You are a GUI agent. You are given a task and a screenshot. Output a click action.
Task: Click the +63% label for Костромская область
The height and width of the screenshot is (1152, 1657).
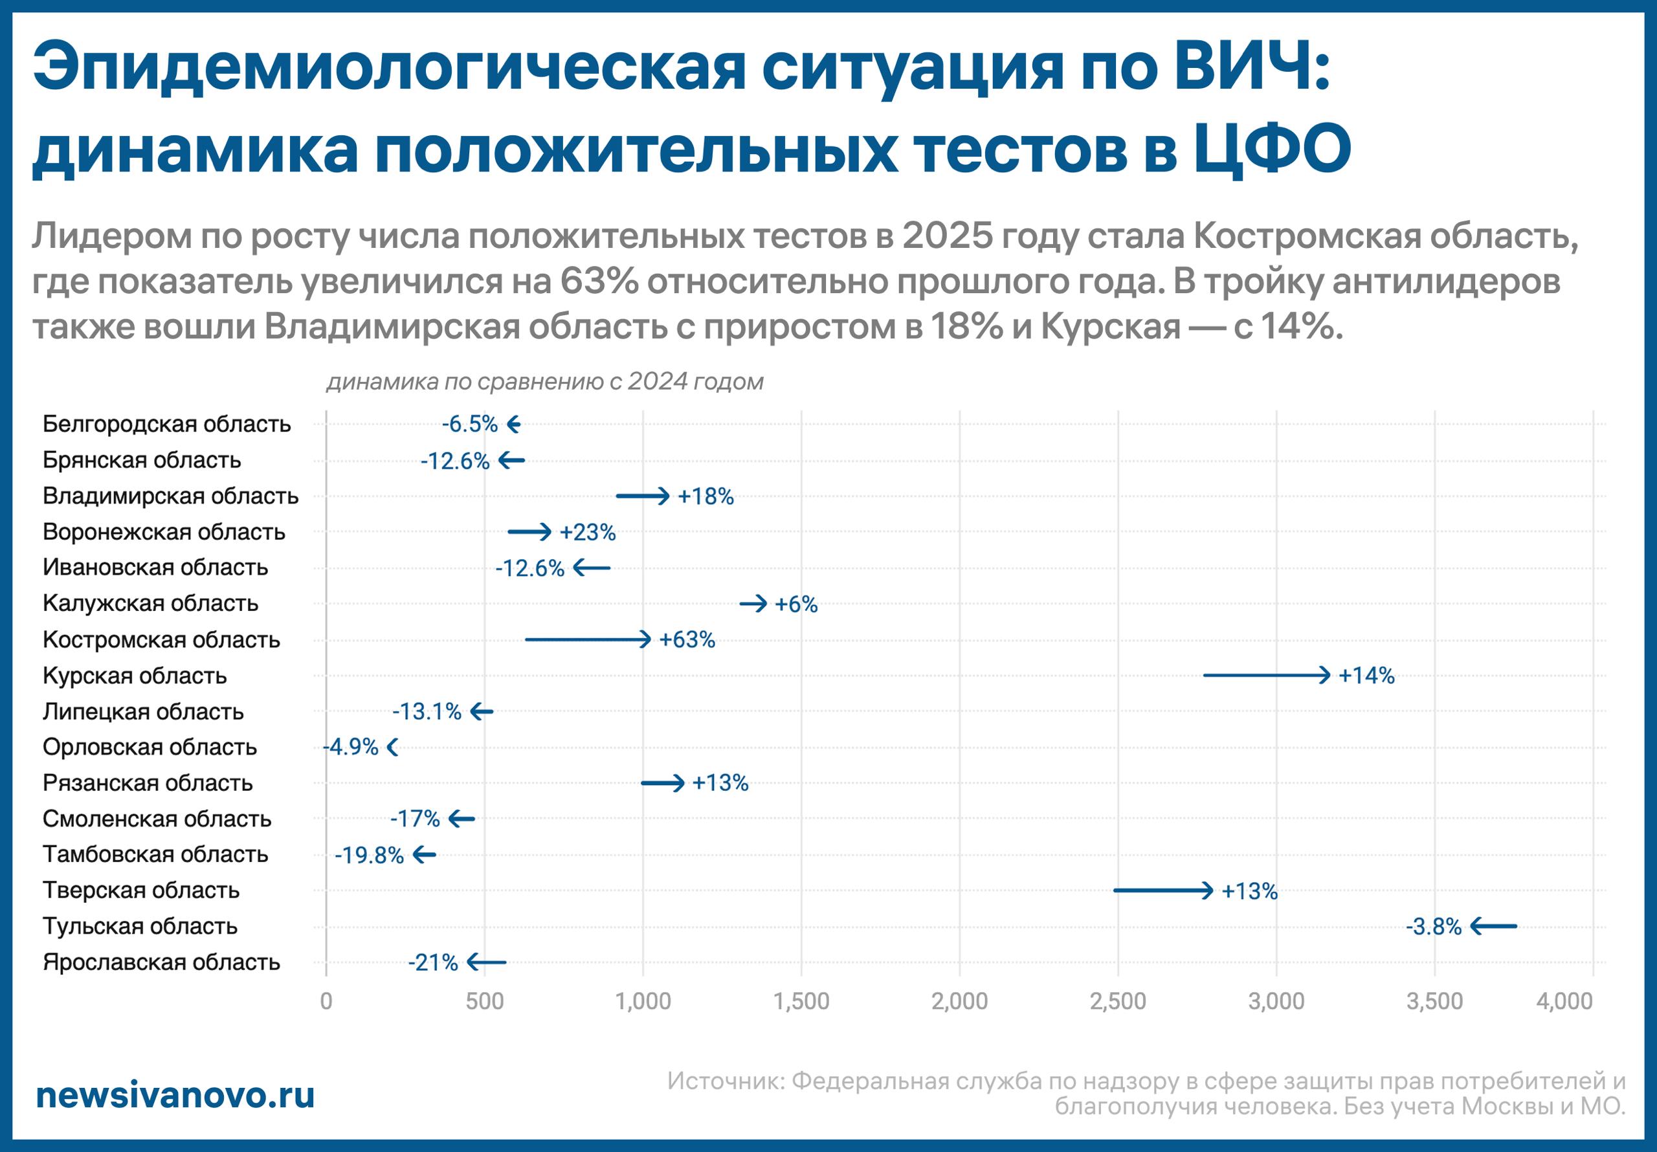click(x=686, y=639)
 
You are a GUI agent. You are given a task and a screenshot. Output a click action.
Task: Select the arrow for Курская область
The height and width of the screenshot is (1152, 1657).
click(x=1266, y=675)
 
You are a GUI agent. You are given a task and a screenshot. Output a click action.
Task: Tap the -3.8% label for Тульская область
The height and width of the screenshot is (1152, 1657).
click(x=1433, y=927)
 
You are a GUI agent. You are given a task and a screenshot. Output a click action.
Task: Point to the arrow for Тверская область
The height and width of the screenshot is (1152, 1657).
click(x=1162, y=890)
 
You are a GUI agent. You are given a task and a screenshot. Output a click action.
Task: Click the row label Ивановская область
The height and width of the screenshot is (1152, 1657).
click(x=155, y=568)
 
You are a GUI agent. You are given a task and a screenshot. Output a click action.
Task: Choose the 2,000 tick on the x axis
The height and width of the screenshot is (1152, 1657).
click(x=959, y=1001)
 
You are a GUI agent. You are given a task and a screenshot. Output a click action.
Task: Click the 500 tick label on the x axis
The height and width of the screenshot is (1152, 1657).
click(x=484, y=1001)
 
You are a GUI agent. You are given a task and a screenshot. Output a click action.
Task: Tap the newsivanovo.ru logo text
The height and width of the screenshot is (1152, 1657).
click(x=175, y=1095)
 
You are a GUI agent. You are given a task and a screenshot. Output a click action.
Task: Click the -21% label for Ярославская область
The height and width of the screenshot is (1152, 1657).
click(x=432, y=962)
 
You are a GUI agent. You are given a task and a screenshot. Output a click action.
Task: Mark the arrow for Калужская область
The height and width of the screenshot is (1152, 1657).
click(x=753, y=603)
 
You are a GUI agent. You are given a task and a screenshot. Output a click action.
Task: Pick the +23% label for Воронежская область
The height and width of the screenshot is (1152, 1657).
click(x=588, y=533)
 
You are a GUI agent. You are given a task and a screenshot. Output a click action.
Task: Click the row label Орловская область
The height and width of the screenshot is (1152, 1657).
click(x=150, y=747)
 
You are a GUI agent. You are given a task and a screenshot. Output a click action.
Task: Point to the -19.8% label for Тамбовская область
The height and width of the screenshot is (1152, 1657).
click(x=369, y=856)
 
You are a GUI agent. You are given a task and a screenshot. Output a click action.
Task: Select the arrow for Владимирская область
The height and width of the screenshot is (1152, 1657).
click(x=642, y=496)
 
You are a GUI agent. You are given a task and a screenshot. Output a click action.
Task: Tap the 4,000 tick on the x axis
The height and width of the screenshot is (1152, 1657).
click(x=1564, y=1001)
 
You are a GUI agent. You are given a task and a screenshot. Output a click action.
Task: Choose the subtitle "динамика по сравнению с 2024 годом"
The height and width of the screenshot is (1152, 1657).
click(x=545, y=381)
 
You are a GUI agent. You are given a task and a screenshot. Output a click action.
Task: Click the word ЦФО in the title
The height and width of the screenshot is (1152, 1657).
click(x=1273, y=148)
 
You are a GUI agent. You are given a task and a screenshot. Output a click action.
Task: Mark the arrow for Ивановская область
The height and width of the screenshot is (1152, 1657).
click(x=592, y=568)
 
